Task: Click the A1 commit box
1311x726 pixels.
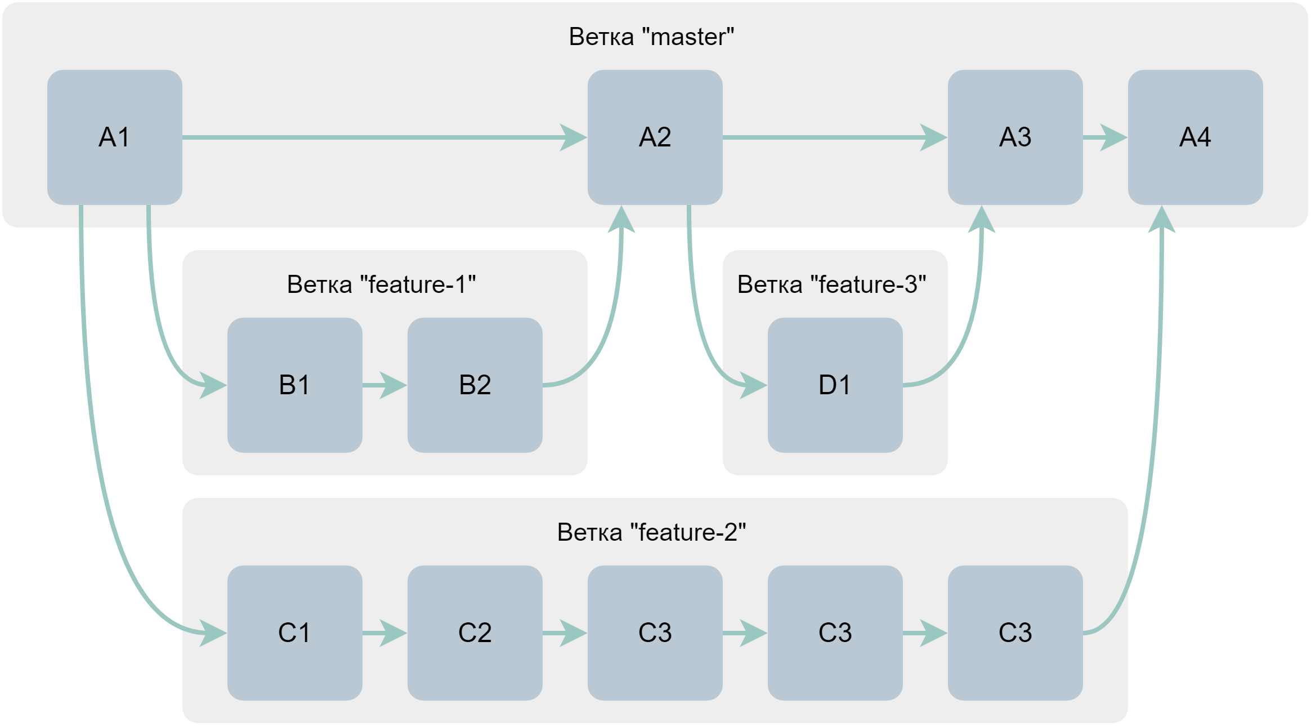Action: point(114,137)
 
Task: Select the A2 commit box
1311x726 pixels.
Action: point(655,137)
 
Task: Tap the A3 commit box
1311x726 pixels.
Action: point(1015,137)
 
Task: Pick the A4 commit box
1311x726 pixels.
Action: point(1195,137)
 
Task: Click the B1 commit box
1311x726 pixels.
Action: point(294,385)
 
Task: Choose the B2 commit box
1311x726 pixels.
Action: point(475,385)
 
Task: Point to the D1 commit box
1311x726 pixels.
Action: point(835,385)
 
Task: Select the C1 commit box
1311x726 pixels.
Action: point(294,633)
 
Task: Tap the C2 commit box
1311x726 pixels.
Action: point(475,633)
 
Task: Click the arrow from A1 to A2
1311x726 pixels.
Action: point(383,137)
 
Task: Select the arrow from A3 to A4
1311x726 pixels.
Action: point(1104,137)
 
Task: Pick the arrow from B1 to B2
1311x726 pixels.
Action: point(384,385)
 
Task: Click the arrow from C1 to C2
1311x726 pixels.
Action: point(384,633)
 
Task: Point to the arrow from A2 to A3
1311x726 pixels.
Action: point(833,137)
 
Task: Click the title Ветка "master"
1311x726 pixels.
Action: point(651,37)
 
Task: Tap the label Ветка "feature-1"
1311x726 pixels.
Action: point(381,284)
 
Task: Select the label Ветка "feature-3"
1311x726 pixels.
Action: point(831,284)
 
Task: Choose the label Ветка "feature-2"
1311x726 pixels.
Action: point(651,532)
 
